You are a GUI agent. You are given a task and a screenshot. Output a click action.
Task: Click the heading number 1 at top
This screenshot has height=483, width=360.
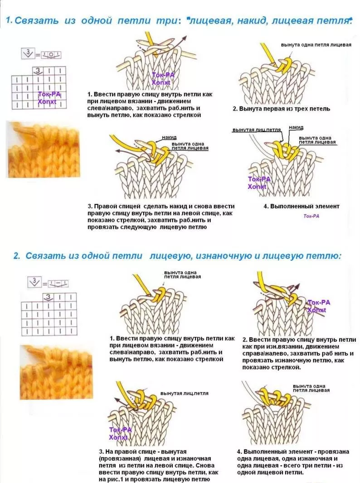[x=9, y=21]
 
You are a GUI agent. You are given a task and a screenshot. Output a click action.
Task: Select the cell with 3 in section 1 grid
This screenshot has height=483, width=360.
[x=38, y=71]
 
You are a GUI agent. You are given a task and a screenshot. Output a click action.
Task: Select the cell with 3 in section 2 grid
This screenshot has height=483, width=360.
[x=48, y=297]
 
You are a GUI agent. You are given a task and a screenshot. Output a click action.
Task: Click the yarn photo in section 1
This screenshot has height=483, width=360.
[x=43, y=150]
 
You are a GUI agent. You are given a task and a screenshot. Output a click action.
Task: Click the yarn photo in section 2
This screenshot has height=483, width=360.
[x=56, y=372]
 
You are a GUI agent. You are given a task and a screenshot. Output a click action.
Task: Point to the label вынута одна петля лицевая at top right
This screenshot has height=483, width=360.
[x=316, y=45]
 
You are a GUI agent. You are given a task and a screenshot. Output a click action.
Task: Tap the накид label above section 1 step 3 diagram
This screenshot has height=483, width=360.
[x=169, y=137]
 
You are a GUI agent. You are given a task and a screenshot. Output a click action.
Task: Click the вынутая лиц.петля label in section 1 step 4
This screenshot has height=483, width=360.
[x=257, y=130]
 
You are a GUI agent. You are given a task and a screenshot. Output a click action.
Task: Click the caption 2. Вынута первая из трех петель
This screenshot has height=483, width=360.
[x=281, y=109]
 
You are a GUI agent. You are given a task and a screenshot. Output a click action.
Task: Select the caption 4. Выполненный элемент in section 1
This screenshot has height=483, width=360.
[x=301, y=206]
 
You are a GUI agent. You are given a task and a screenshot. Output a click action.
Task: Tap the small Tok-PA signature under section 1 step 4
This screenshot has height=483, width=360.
[x=311, y=216]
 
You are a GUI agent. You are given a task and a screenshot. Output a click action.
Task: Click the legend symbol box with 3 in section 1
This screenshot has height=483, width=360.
[x=28, y=53]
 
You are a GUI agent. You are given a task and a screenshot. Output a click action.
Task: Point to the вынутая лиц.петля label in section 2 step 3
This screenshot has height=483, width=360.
[x=185, y=393]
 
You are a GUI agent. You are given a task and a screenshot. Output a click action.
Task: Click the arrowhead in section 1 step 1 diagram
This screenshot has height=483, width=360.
[x=185, y=38]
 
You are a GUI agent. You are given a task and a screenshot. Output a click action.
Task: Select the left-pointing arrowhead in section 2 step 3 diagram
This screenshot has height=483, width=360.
[x=118, y=401]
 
